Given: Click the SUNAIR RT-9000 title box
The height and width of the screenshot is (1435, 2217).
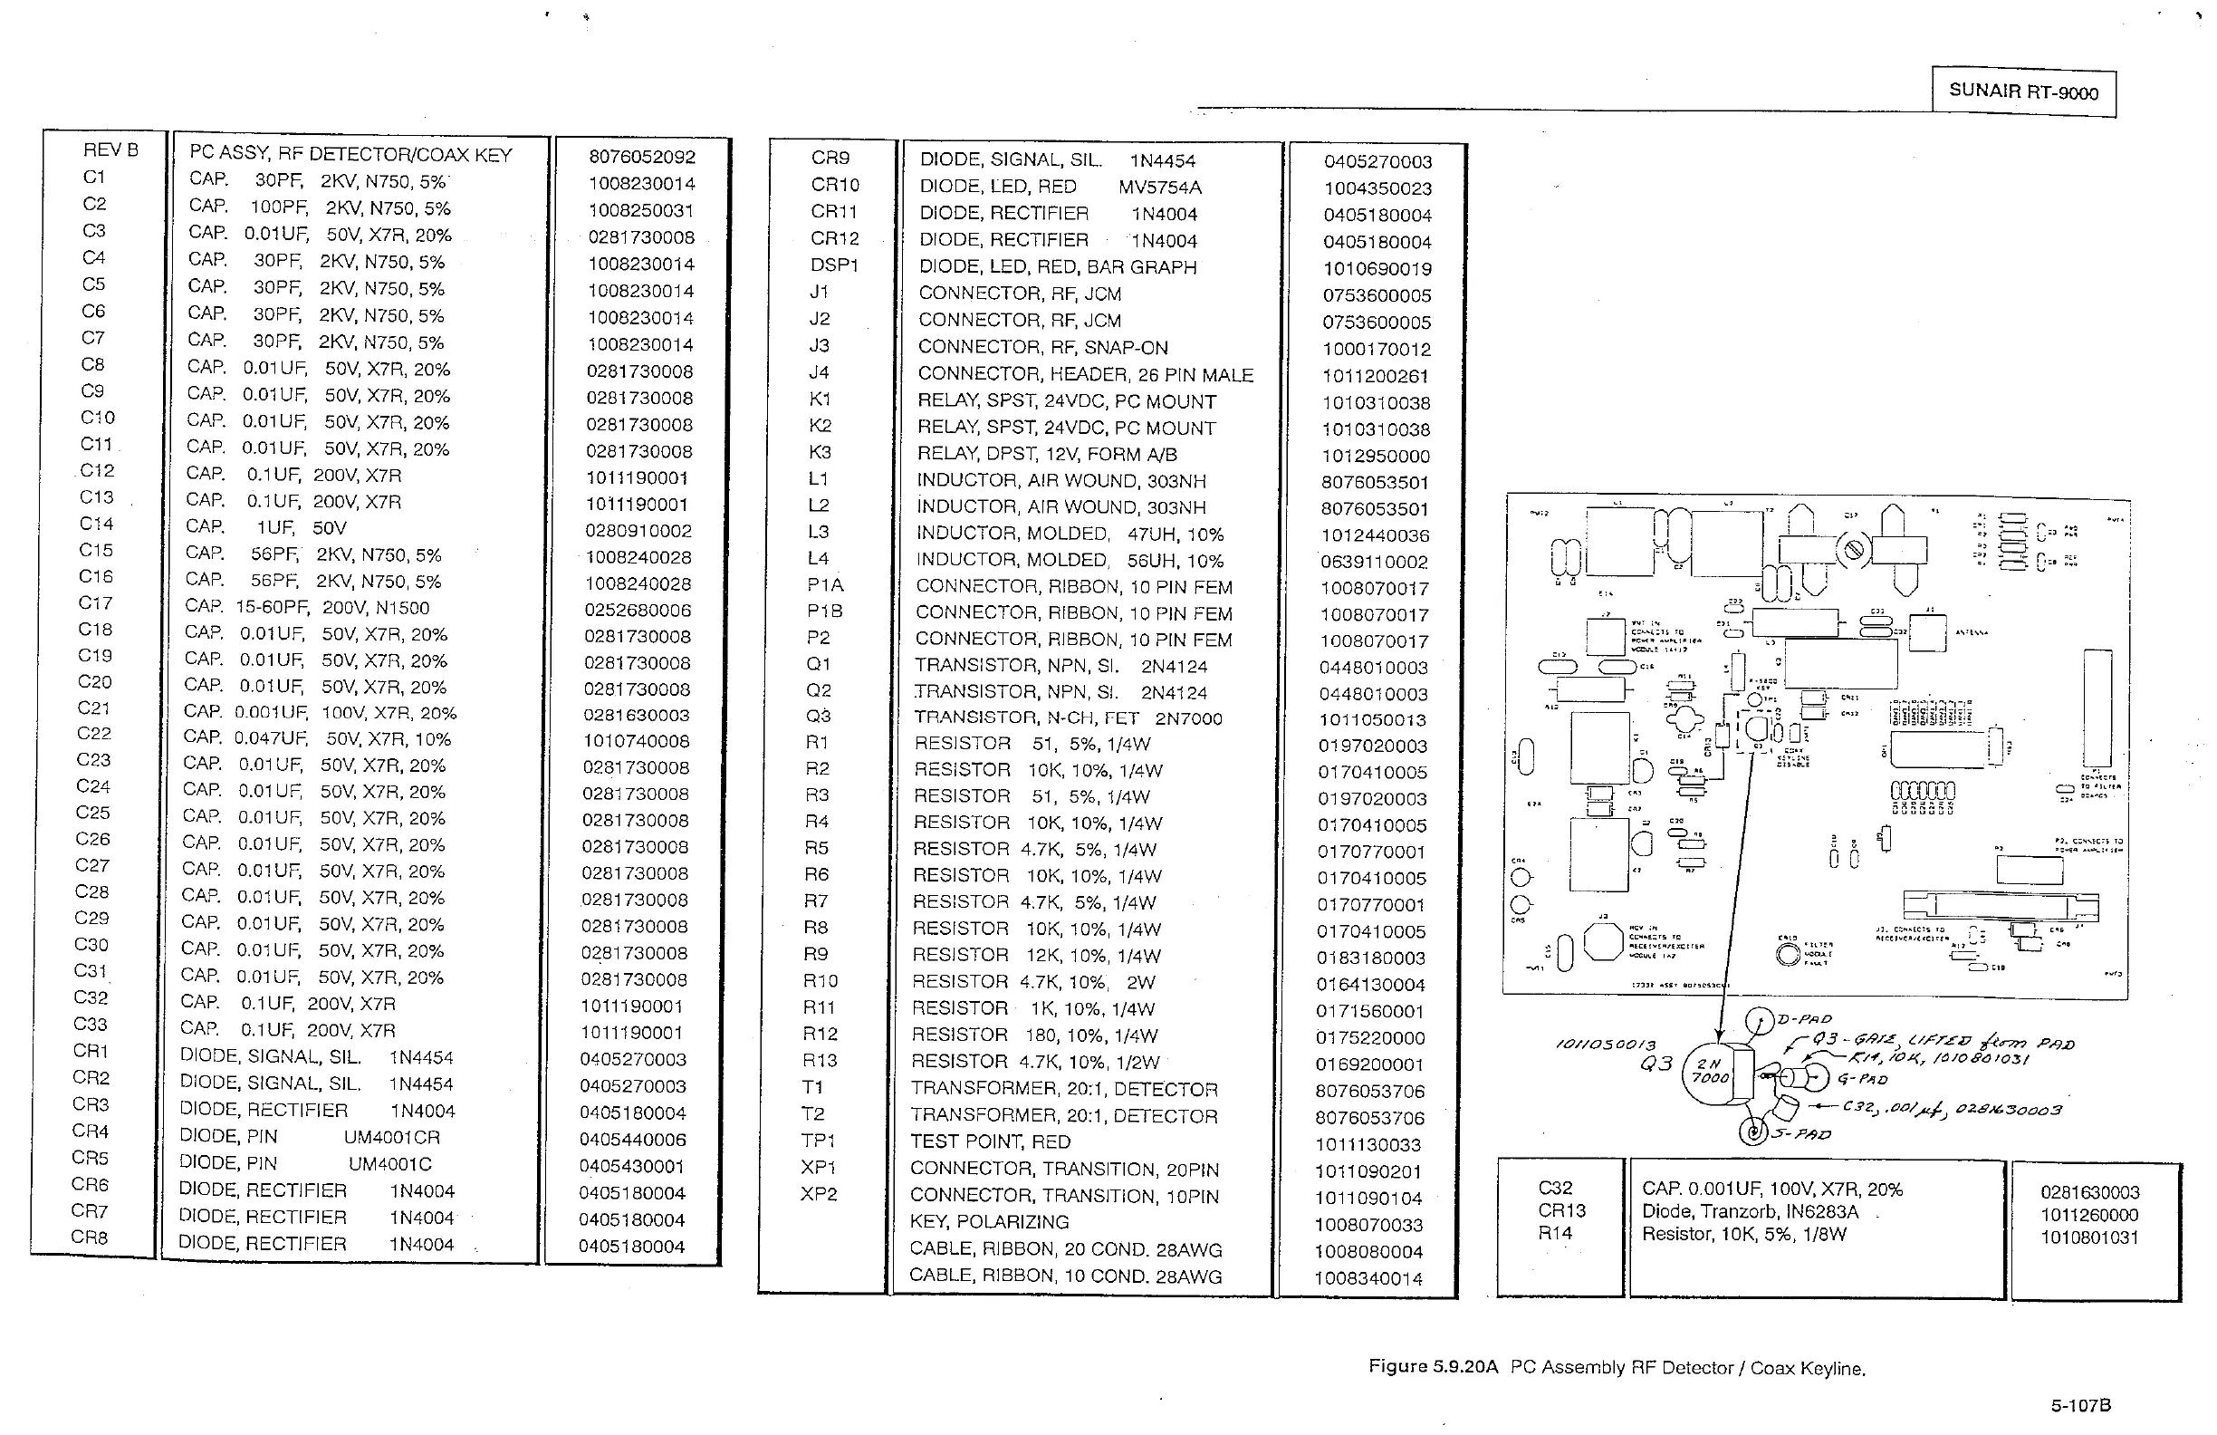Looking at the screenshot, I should [x=2023, y=92].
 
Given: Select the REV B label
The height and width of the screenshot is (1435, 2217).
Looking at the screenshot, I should [x=110, y=150].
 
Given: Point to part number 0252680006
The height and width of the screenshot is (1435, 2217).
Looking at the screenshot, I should [x=638, y=611].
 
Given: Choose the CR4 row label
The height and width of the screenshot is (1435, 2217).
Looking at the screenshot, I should [x=91, y=1132].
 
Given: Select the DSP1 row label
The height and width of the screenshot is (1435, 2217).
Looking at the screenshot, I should [x=834, y=265].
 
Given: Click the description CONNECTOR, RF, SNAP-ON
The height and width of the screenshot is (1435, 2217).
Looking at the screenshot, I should [x=1042, y=348].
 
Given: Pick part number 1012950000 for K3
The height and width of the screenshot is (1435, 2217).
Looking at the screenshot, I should [x=1375, y=457].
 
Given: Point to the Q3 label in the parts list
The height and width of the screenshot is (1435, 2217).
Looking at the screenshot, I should [x=818, y=717].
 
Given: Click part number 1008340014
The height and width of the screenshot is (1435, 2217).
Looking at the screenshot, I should [x=1368, y=1278].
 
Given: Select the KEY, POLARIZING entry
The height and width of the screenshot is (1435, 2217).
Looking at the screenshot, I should [x=988, y=1221].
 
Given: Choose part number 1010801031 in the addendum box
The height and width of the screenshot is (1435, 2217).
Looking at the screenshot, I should [x=2088, y=1238].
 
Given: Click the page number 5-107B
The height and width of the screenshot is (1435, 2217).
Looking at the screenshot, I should [x=2080, y=1405].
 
